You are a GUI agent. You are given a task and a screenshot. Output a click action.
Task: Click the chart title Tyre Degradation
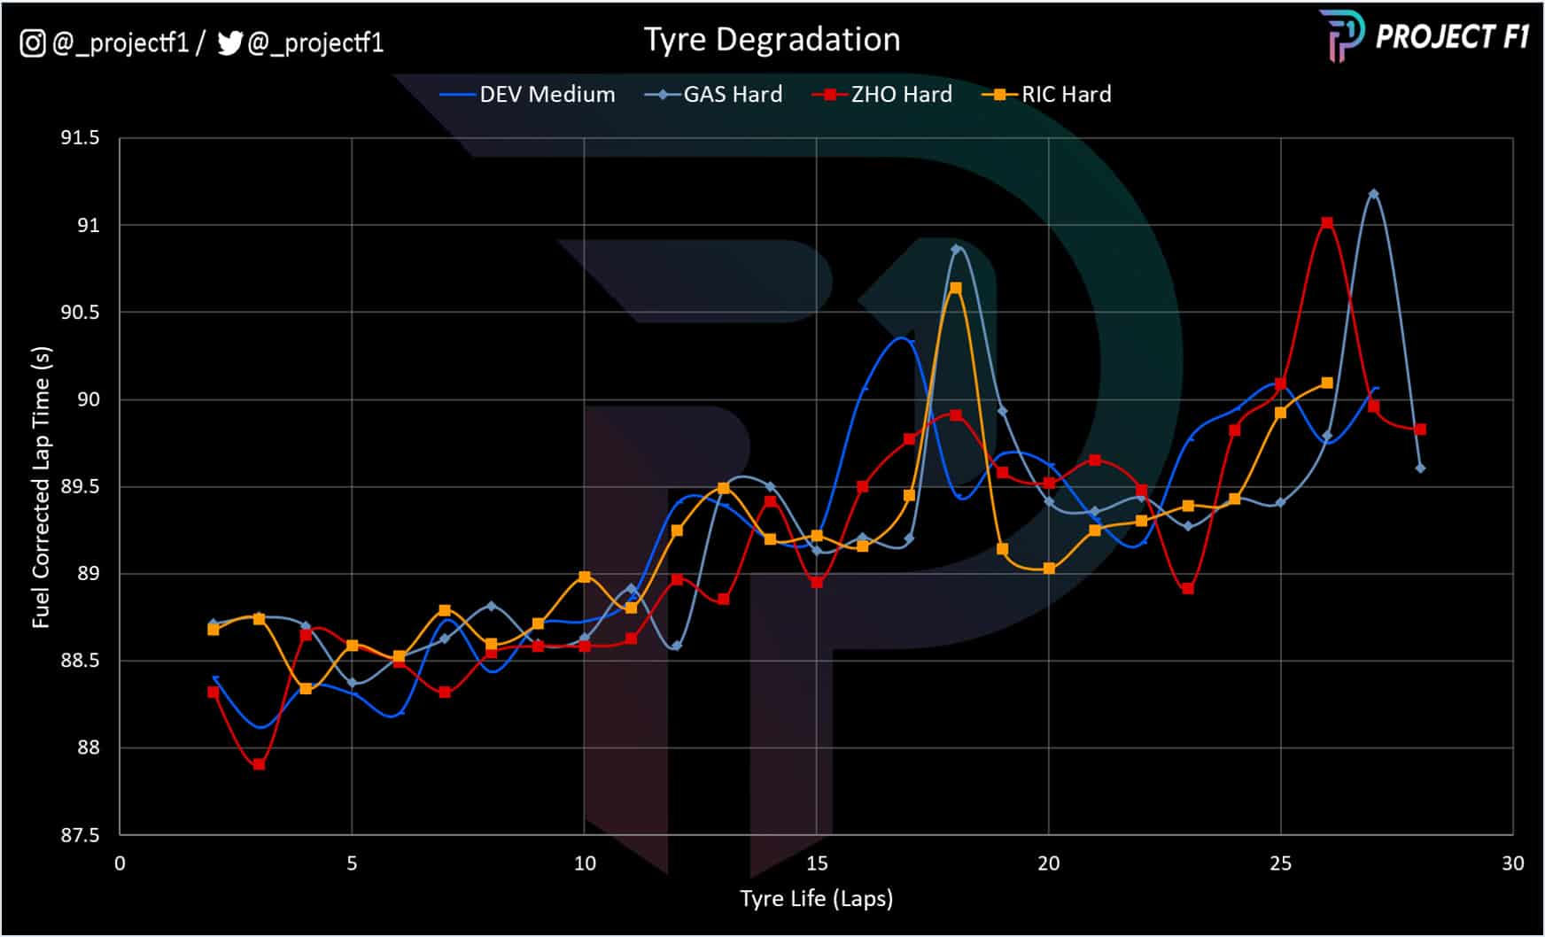pos(772,40)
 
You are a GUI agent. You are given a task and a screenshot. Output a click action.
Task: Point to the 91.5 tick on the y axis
pos(80,138)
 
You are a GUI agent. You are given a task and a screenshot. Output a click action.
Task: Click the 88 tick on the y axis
pos(89,748)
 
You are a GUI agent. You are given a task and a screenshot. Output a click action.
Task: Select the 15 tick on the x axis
pos(817,863)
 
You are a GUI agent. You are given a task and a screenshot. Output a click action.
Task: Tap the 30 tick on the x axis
pos(1513,863)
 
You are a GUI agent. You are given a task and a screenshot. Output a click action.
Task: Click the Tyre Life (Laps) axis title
pos(816,899)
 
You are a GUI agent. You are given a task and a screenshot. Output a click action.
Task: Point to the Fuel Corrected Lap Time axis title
pos(42,487)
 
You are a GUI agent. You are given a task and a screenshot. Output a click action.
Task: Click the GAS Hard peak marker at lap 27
pos(1373,194)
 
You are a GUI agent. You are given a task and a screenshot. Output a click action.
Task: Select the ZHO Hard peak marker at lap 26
pos(1327,223)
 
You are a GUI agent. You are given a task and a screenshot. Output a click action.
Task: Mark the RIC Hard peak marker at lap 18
pos(956,288)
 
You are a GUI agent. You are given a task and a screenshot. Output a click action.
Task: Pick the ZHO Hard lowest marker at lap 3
pos(259,764)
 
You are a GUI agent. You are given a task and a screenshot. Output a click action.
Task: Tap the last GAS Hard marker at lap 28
pos(1420,468)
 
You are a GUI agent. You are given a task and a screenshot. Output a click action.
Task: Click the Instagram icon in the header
pos(33,43)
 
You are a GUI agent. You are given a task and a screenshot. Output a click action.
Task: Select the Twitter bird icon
pos(229,43)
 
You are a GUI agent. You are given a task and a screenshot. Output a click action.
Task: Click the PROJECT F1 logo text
pos(1451,36)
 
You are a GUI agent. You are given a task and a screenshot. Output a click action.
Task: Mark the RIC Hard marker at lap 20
pos(1049,569)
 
